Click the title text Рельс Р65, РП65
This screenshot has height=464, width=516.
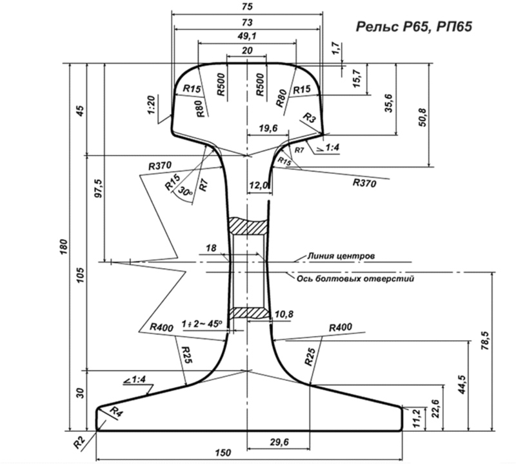pos(413,26)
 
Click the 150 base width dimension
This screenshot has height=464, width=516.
pos(222,453)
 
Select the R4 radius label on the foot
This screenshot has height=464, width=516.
pos(116,411)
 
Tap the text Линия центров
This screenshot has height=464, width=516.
pos(342,256)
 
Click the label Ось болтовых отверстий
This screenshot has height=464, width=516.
pos(354,278)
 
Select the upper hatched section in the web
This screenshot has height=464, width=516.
pos(248,226)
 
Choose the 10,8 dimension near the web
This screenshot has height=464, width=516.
pos(284,314)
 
